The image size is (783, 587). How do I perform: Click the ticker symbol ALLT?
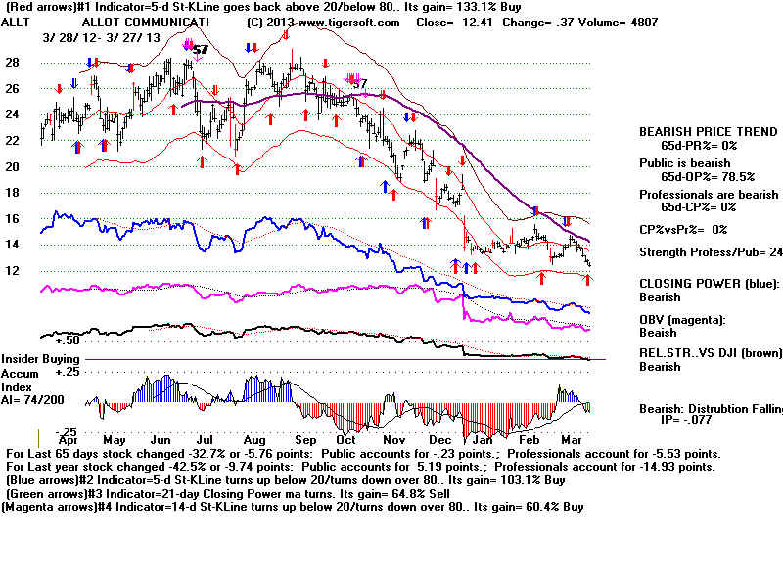(x=20, y=21)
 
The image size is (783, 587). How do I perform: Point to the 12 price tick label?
(x=13, y=271)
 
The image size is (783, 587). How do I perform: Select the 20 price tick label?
(x=13, y=167)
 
